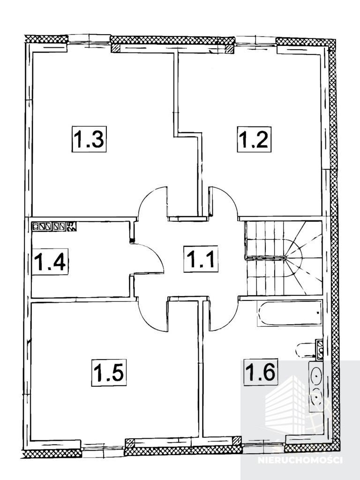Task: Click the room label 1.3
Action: tap(89, 139)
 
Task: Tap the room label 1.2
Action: tap(254, 139)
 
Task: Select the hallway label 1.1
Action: tap(201, 259)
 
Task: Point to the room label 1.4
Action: tap(50, 262)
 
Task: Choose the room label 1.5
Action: tap(109, 373)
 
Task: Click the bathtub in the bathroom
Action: tap(290, 314)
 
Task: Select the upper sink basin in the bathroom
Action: tap(316, 374)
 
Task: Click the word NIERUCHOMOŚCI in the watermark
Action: tap(300, 460)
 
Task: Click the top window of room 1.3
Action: tap(89, 39)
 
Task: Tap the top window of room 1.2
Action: tap(255, 41)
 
